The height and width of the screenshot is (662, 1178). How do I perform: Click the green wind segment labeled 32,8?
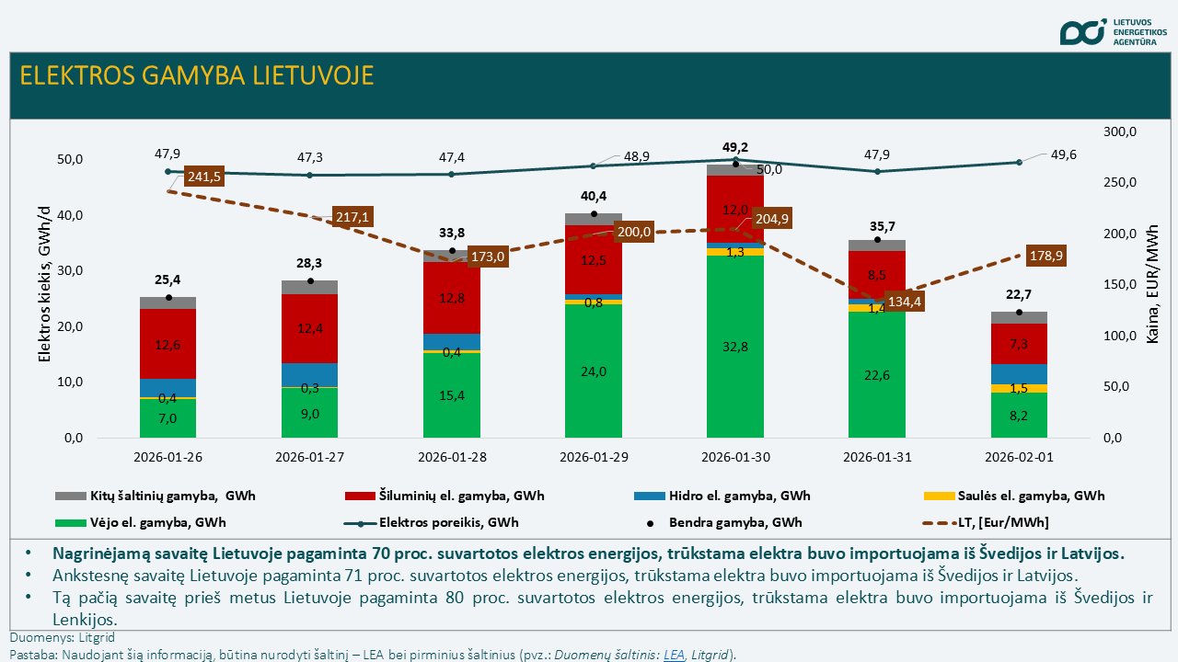[x=734, y=346]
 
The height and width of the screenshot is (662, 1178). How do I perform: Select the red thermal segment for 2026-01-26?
[x=167, y=343]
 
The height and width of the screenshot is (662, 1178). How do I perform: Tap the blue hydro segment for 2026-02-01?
[x=1018, y=373]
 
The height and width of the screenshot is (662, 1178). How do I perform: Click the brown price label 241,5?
[x=203, y=177]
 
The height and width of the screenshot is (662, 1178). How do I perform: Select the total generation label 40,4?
[x=593, y=196]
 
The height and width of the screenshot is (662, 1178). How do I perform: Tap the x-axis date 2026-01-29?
[x=593, y=457]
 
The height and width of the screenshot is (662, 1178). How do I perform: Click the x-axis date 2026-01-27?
[x=309, y=457]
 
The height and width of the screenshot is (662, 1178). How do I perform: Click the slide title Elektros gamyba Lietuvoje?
[x=197, y=75]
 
